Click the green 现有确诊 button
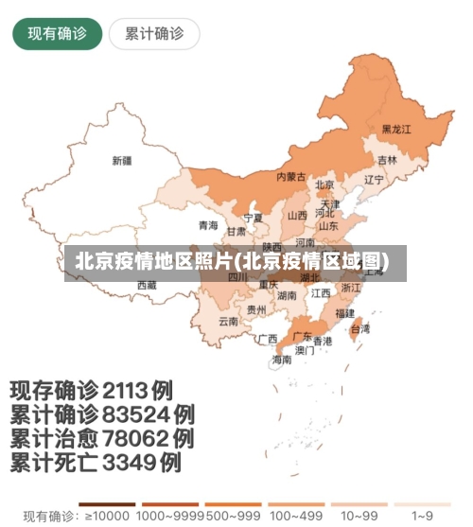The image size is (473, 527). tap(57, 34)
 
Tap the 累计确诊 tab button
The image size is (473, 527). tap(154, 34)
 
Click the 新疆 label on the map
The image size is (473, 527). tap(122, 160)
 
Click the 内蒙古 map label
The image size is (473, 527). tap(290, 177)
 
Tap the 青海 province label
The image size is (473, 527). tap(208, 225)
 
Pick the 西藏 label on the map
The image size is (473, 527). tap(147, 284)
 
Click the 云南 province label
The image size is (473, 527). tap(228, 321)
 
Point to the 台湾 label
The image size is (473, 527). tap(360, 329)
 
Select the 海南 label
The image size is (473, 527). tap(282, 360)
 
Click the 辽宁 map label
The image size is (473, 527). tap(374, 179)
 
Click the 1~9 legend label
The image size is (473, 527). tap(423, 516)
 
